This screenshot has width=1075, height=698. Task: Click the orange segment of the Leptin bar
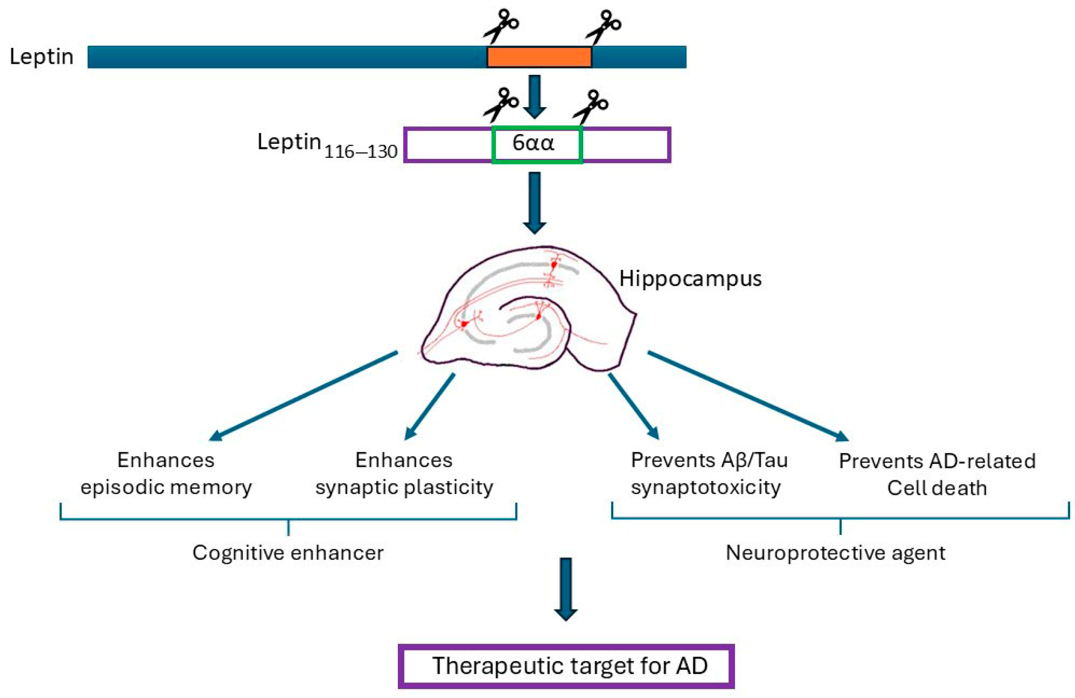(539, 57)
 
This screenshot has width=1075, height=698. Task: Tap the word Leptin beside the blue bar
(42, 57)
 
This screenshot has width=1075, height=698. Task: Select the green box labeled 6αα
(536, 144)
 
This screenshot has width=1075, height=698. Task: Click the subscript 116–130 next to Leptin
(360, 152)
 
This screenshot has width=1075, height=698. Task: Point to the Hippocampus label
(689, 278)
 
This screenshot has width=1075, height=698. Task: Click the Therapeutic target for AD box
(565, 666)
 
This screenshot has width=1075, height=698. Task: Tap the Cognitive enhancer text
(287, 552)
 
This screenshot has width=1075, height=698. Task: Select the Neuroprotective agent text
(835, 552)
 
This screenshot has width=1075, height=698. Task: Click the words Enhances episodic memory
(166, 473)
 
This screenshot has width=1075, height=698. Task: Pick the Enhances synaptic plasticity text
(404, 473)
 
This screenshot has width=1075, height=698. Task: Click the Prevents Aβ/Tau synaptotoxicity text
(709, 473)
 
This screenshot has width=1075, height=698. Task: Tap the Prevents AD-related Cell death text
(937, 474)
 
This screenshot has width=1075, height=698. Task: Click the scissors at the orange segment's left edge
(501, 26)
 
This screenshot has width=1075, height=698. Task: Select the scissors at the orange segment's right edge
(603, 26)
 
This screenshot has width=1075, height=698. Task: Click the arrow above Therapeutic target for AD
(565, 589)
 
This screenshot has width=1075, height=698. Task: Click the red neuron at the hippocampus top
(553, 264)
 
